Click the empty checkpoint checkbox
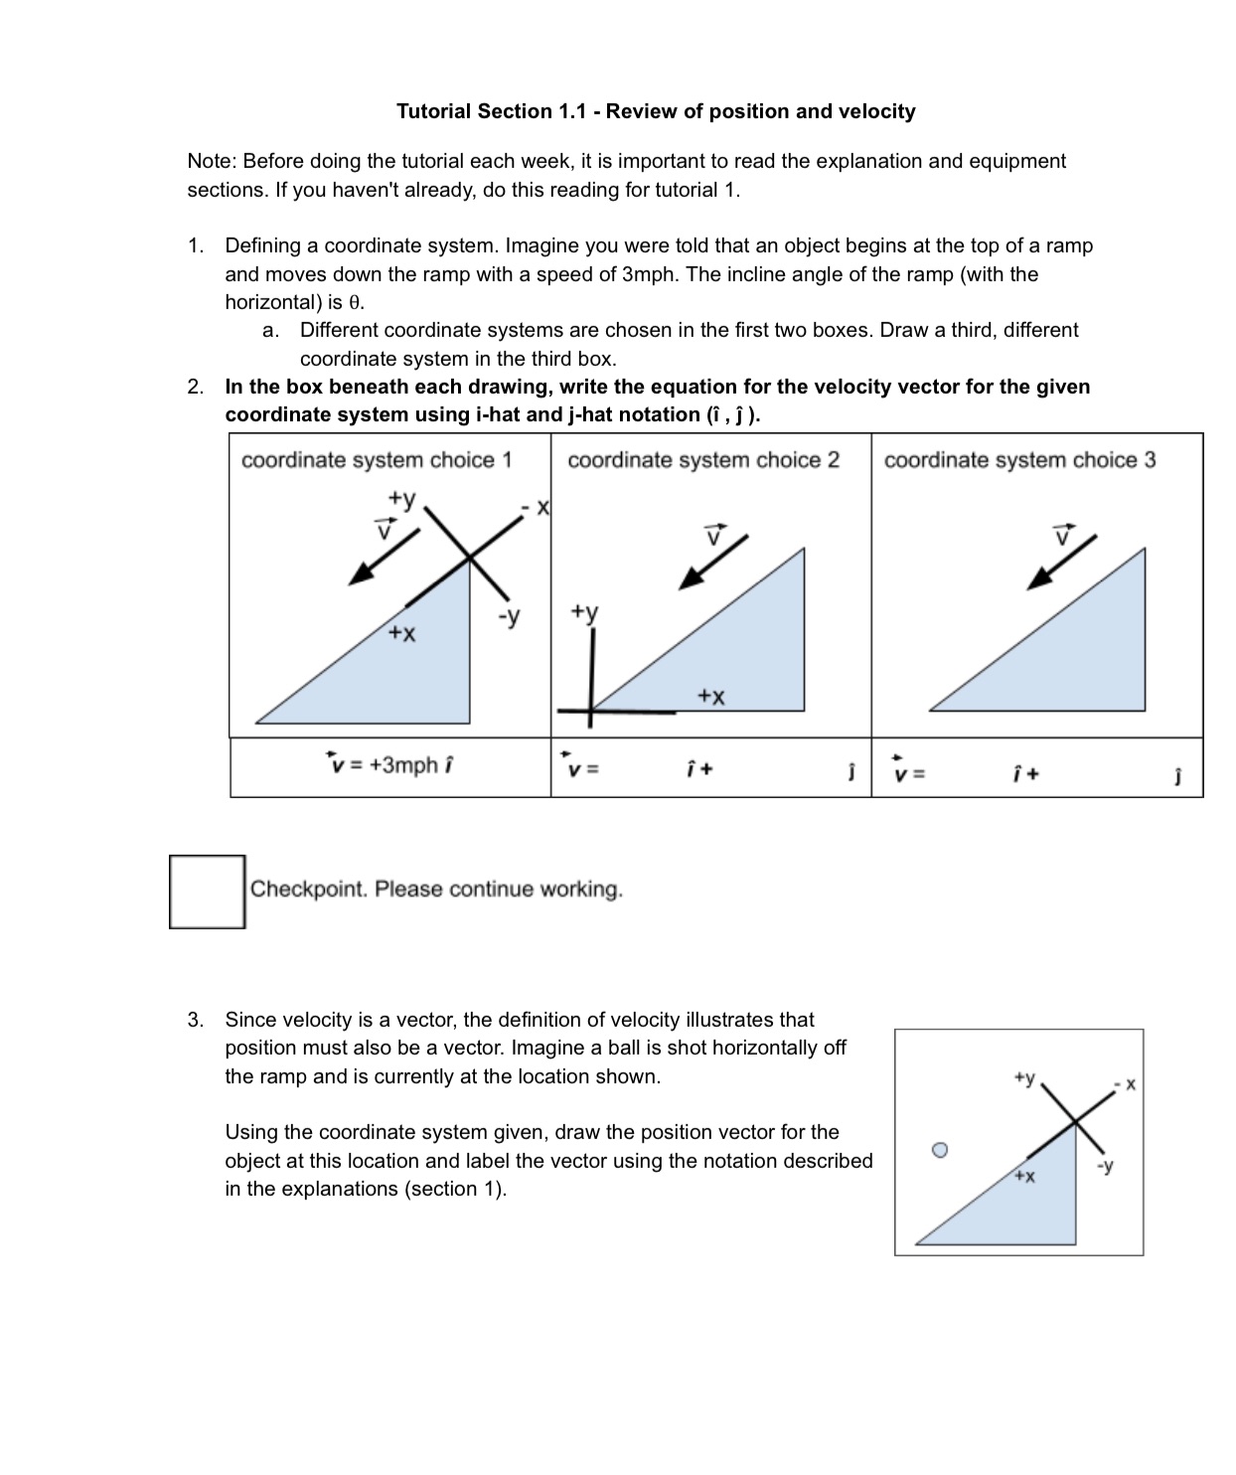(207, 892)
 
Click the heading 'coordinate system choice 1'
(377, 460)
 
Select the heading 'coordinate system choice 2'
(703, 460)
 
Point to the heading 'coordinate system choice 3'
(1019, 460)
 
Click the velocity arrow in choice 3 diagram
(1061, 562)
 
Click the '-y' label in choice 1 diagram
(509, 616)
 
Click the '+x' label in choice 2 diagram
(710, 696)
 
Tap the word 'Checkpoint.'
(309, 889)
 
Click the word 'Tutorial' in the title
(433, 111)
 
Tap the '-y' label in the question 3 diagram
(1105, 1165)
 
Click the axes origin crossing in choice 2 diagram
(591, 710)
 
